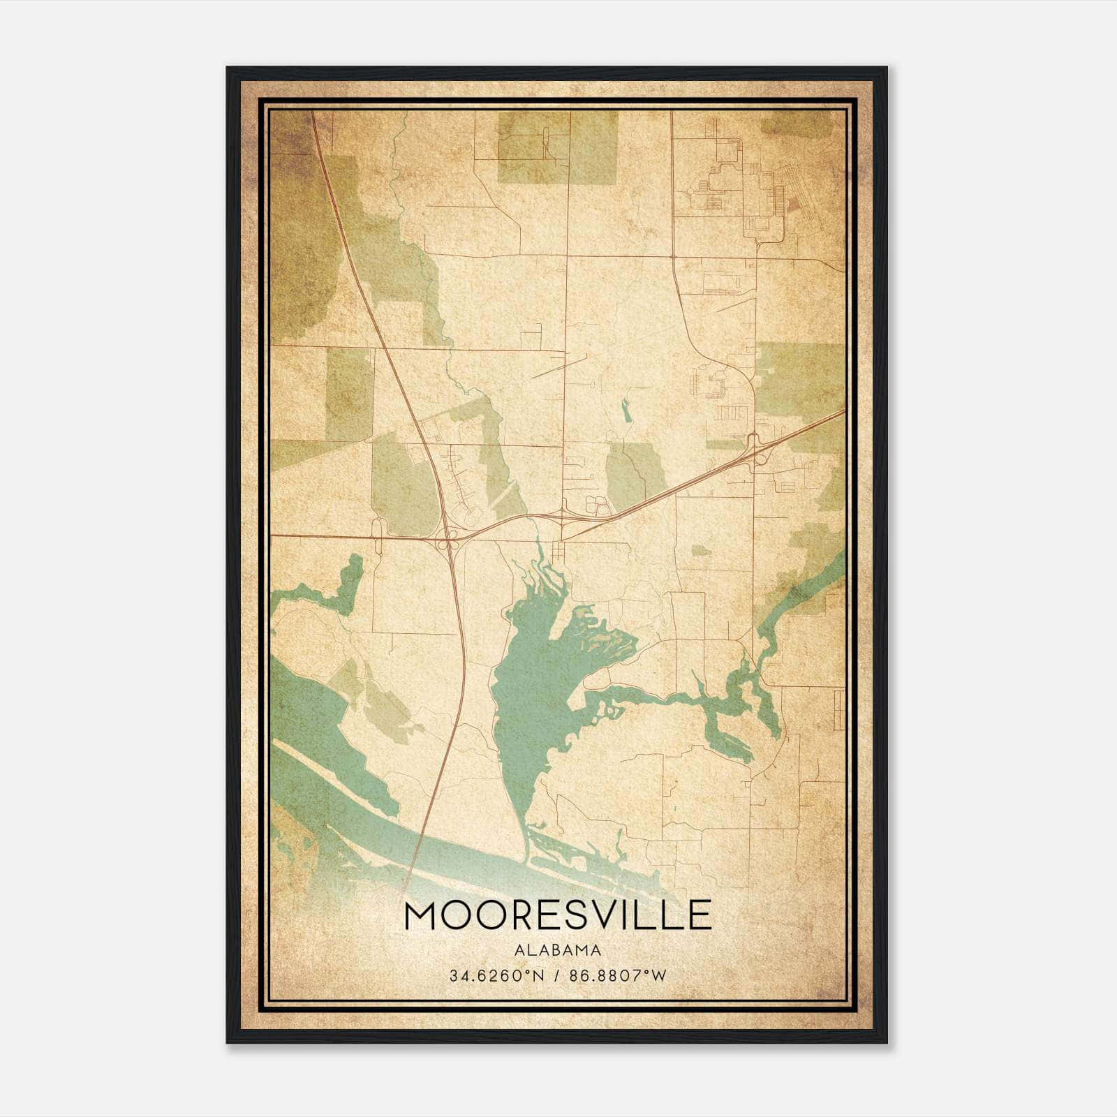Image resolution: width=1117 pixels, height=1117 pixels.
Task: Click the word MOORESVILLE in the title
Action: coord(558,915)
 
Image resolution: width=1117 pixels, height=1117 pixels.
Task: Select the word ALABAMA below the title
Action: coord(558,950)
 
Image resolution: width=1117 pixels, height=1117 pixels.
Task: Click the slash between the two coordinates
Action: coord(554,975)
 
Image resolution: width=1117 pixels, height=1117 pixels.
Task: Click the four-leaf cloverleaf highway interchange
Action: coord(448,538)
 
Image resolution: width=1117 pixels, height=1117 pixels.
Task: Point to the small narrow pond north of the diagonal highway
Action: coord(626,410)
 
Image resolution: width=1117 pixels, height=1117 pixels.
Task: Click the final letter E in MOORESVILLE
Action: coord(701,915)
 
